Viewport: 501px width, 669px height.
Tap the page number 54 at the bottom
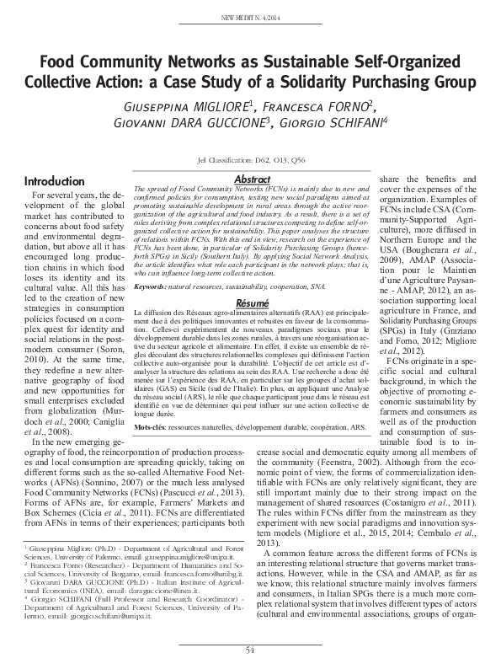tap(250, 650)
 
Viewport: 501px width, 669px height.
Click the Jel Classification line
tap(251, 159)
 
